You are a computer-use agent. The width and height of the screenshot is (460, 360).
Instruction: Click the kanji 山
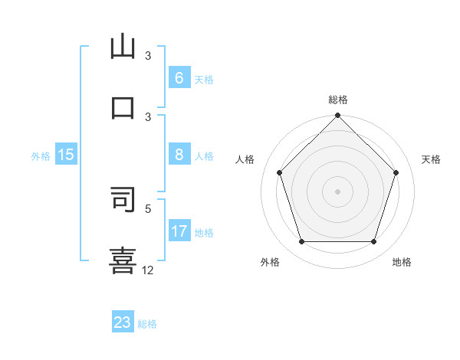123,47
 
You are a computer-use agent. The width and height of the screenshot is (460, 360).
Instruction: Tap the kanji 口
123,106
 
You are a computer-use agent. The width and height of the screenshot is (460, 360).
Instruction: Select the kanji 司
123,198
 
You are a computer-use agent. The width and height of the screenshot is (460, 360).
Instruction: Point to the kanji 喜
123,258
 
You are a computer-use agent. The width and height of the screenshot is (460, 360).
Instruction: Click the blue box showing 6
179,78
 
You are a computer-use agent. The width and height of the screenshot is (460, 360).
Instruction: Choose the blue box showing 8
179,155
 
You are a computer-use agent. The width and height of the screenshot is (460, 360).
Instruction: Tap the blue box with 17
179,231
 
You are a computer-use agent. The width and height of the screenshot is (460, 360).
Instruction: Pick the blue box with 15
66,155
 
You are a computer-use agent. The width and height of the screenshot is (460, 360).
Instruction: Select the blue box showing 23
123,322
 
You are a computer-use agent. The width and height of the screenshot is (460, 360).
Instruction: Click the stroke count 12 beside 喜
148,270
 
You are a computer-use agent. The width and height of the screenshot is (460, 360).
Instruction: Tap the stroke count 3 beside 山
148,56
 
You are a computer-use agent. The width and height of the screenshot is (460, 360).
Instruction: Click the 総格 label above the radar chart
338,100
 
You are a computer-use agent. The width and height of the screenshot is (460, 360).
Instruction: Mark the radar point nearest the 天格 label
396,172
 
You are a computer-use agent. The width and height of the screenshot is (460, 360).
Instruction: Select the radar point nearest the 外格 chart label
301,242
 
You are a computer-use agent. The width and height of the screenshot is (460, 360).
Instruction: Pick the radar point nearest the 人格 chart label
279,172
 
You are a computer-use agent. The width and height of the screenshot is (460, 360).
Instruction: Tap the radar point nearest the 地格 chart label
374,242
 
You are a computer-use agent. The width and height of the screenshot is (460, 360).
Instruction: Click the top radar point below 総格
338,116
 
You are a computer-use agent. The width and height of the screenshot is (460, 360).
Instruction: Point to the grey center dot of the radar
338,191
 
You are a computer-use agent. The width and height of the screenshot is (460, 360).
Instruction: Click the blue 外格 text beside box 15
41,156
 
